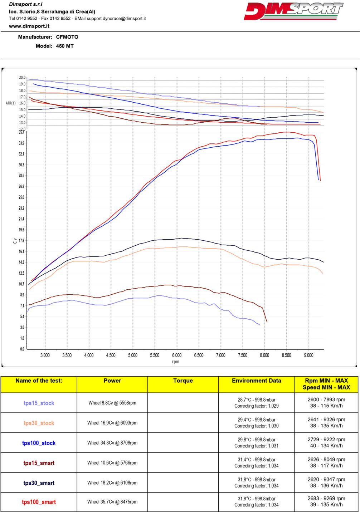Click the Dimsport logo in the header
293,11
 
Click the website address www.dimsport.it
29,26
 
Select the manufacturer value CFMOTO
67,37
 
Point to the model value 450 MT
65,46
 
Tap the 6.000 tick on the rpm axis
177,355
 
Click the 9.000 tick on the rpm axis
308,355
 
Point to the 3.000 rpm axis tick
45,355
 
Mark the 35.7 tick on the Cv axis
21,132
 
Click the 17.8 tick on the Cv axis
21,241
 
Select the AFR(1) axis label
11,103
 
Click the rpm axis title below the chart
175,362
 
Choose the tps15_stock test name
39,403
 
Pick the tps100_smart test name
39,502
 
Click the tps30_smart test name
39,483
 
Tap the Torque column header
183,381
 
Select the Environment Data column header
256,381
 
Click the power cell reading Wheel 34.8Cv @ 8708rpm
112,443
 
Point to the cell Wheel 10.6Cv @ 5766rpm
112,463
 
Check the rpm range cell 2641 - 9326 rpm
326,420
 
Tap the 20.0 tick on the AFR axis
22,78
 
